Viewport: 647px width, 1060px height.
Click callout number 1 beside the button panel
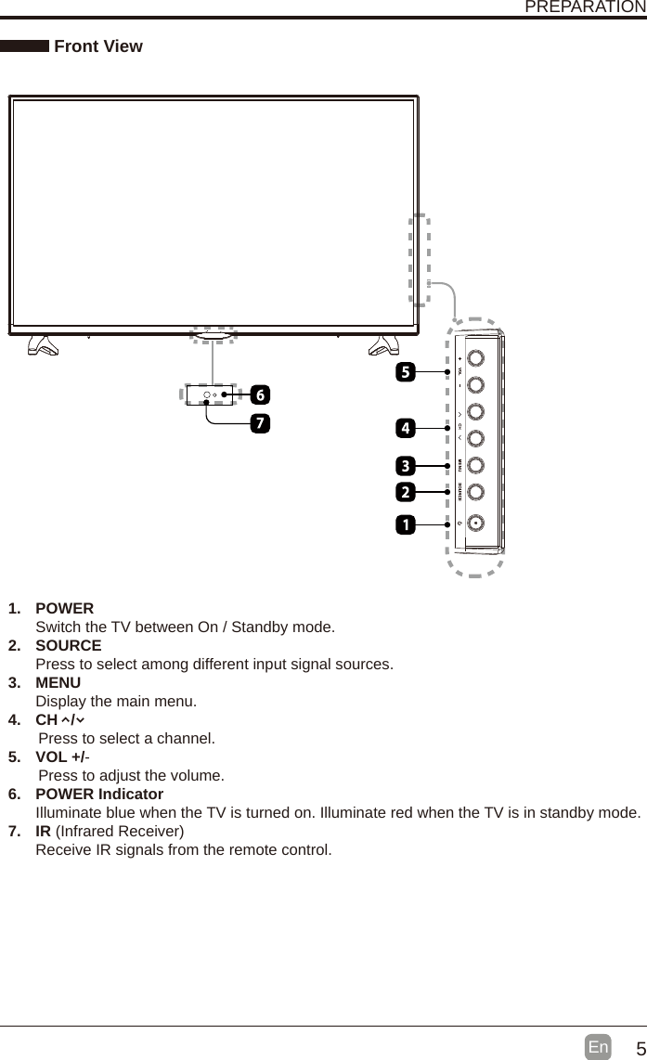pyautogui.click(x=405, y=525)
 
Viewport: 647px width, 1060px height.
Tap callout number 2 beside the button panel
pyautogui.click(x=405, y=489)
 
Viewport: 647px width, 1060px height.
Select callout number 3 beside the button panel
pyautogui.click(x=405, y=464)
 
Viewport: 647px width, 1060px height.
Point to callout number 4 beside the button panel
pyautogui.click(x=405, y=428)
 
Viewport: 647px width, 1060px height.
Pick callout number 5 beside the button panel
pyautogui.click(x=405, y=372)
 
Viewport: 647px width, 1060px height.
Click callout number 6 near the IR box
pyautogui.click(x=260, y=394)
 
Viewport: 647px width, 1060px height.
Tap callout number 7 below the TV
pyautogui.click(x=260, y=423)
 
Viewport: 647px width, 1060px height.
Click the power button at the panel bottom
pyautogui.click(x=475, y=523)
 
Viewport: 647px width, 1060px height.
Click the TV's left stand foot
pyautogui.click(x=43, y=345)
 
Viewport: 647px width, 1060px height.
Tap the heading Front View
pyautogui.click(x=98, y=46)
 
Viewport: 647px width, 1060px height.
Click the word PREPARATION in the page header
pyautogui.click(x=585, y=7)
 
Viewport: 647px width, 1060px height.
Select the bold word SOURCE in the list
pyautogui.click(x=69, y=645)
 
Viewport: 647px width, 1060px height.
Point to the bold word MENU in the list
pyautogui.click(x=58, y=682)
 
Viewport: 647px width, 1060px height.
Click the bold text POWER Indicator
pyautogui.click(x=99, y=794)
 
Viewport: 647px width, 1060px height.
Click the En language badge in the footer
pyautogui.click(x=599, y=1047)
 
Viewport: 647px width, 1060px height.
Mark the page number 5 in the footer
pyautogui.click(x=639, y=1049)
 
